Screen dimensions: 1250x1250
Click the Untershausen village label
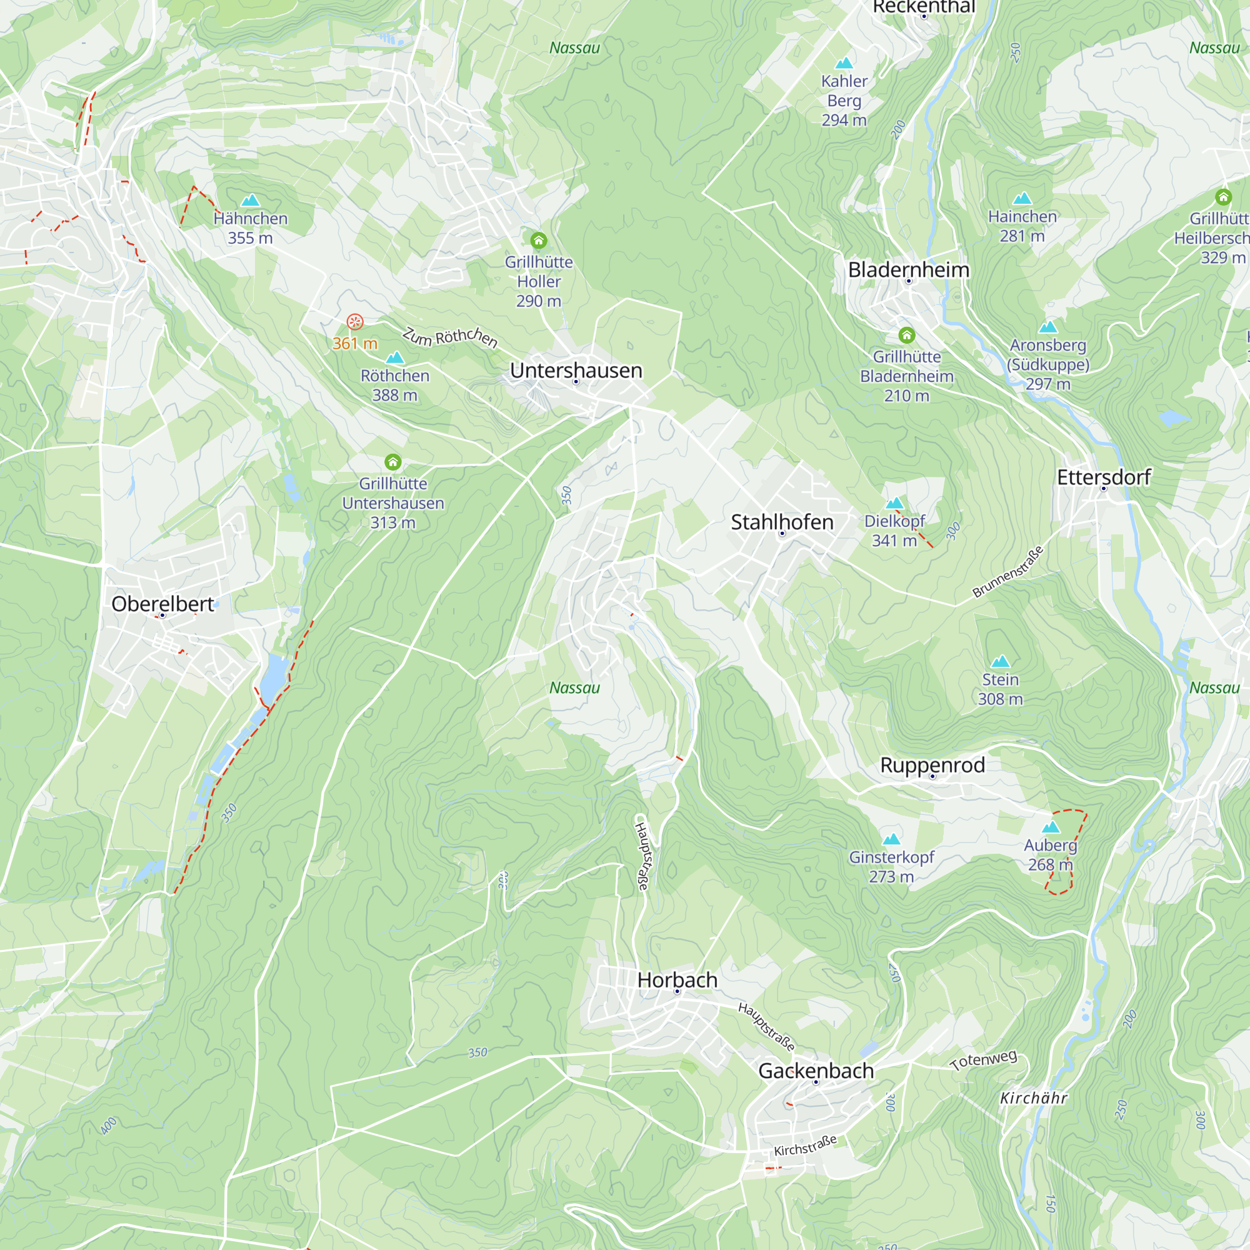(x=576, y=370)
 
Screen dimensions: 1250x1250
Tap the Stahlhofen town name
(x=782, y=522)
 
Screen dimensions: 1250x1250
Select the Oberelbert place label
(x=162, y=604)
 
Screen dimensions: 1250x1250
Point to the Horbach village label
(x=677, y=979)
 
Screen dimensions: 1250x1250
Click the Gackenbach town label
(x=815, y=1070)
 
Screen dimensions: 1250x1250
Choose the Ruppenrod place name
(x=932, y=765)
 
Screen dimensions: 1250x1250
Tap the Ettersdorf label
(x=1103, y=477)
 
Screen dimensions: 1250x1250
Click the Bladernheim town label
(x=908, y=270)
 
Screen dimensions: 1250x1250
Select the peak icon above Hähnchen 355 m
(x=251, y=200)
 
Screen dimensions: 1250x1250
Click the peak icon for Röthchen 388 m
(x=394, y=357)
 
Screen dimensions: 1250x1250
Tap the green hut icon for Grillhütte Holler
(x=538, y=241)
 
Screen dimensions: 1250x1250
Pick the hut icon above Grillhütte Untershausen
(x=392, y=462)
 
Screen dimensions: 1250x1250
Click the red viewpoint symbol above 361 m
(x=354, y=321)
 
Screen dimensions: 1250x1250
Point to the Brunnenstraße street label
(x=1007, y=572)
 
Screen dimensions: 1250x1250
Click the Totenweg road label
(x=983, y=1061)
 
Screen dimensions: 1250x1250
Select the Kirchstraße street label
(x=805, y=1146)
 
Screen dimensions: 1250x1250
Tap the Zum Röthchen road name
(x=449, y=337)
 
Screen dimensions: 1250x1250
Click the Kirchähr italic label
(x=1033, y=1098)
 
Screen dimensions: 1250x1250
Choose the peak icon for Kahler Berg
(x=844, y=62)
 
